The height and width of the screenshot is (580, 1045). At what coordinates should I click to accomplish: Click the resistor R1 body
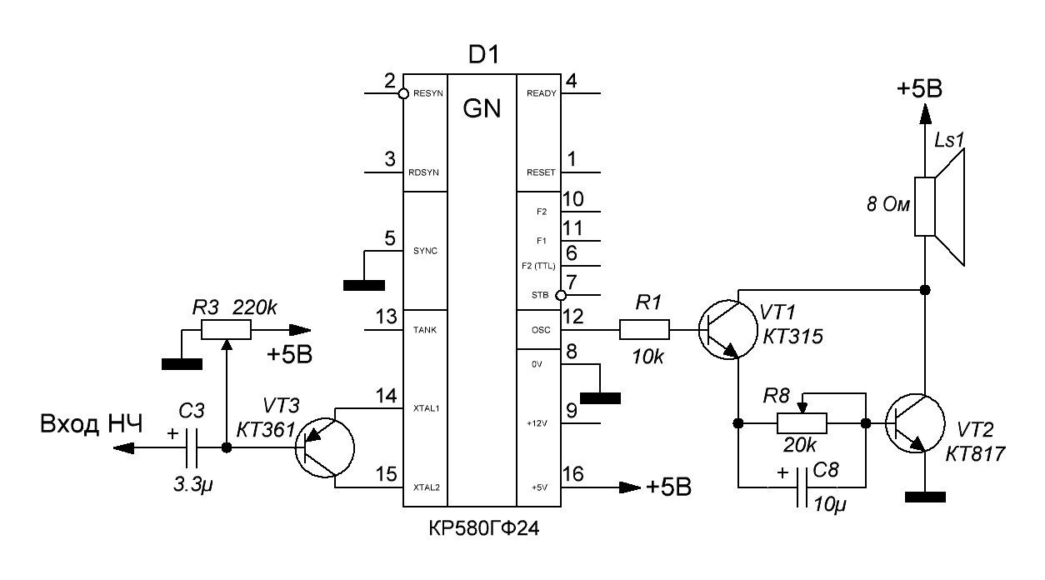tap(644, 331)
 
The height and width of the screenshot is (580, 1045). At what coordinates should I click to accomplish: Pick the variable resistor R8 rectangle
tap(802, 423)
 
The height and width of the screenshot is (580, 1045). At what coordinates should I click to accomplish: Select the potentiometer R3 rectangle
tap(226, 331)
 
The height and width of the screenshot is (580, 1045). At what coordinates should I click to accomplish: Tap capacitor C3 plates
tap(193, 447)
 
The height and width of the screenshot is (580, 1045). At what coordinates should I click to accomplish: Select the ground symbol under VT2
tap(924, 497)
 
